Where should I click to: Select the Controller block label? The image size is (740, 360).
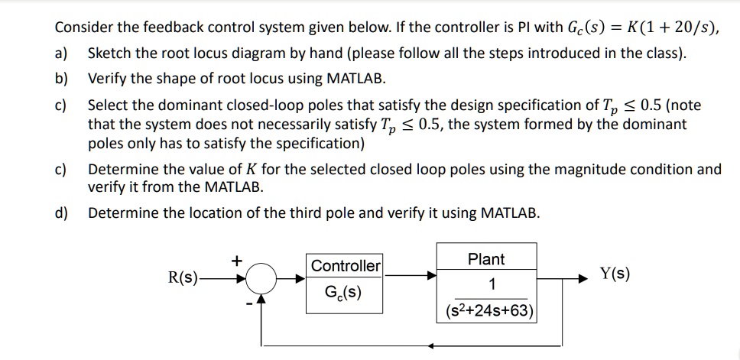tap(346, 266)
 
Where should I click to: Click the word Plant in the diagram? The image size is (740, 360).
tap(486, 260)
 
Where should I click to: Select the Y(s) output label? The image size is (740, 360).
tap(615, 274)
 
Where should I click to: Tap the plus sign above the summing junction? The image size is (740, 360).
tap(237, 261)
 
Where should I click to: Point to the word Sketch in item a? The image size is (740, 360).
tap(110, 54)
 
